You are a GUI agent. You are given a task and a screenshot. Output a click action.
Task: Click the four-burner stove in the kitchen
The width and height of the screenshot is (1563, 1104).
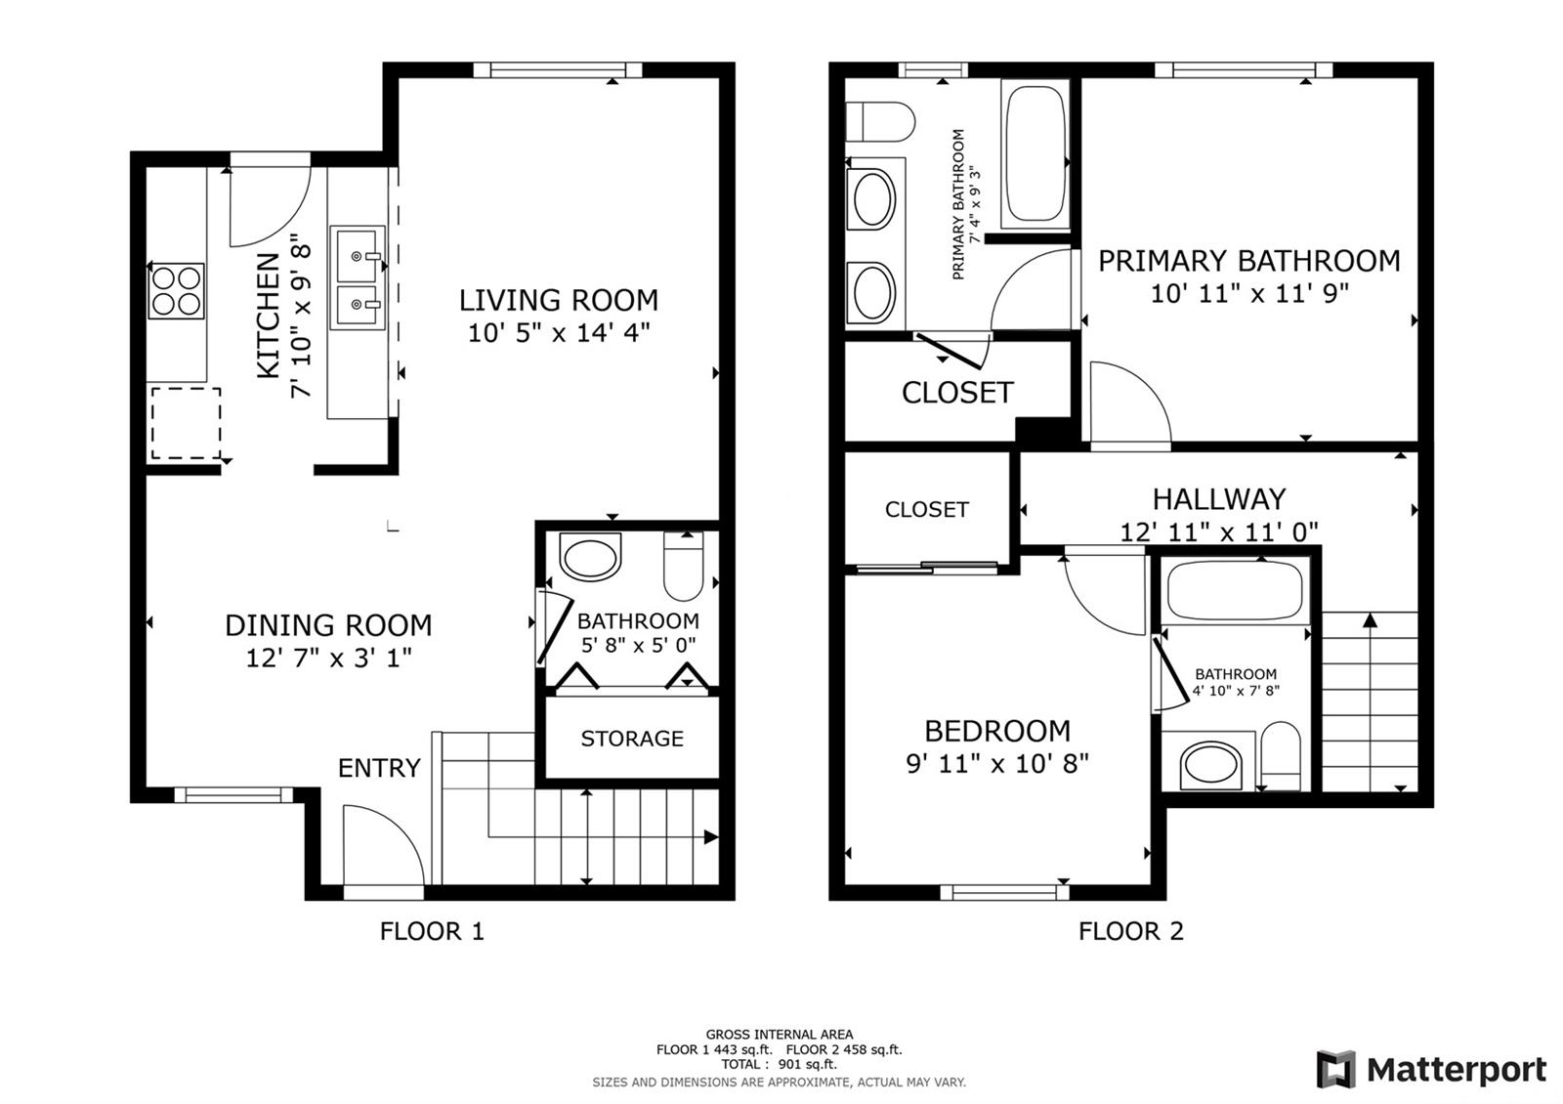(177, 291)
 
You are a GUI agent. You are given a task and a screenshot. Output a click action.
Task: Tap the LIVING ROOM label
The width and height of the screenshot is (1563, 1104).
(558, 301)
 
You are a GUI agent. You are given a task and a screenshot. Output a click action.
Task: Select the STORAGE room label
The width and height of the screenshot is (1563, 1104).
(632, 739)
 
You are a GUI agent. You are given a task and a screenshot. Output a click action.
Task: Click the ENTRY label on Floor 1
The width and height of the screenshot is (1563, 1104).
(379, 768)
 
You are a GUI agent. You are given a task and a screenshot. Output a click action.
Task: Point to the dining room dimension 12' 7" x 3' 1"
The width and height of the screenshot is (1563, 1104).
(328, 658)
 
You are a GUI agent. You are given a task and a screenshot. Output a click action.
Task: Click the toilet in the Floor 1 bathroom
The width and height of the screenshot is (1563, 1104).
(683, 566)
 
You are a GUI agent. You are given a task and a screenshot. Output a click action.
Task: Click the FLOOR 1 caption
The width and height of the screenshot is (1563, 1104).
(431, 931)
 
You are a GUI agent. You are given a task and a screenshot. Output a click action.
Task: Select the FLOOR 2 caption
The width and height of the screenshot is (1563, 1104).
(1131, 931)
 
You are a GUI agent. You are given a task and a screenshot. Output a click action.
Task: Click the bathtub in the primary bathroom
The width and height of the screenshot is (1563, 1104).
(1035, 153)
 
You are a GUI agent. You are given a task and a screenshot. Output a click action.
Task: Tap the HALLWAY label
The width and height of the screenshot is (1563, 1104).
(1219, 499)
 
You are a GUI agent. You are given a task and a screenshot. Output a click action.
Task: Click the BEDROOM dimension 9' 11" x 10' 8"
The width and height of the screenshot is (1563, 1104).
(997, 763)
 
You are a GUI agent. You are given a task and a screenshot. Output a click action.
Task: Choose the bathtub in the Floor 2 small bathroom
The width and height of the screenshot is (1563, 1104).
(1235, 592)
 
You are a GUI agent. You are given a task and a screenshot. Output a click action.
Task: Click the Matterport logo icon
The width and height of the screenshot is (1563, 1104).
(1335, 1069)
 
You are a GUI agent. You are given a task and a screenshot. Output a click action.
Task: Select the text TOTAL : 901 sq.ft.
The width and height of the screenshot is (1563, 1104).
(779, 1064)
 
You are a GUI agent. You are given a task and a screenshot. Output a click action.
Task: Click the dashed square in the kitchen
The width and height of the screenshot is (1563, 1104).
(187, 424)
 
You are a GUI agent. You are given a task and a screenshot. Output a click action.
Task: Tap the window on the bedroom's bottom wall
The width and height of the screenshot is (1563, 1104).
(1005, 893)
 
